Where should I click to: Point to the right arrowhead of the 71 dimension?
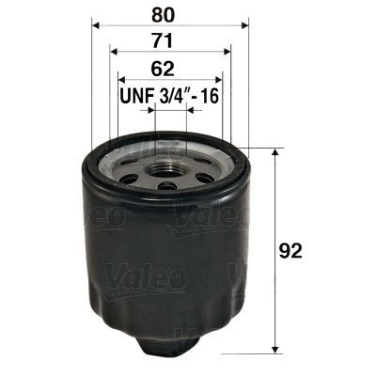pos(226,54)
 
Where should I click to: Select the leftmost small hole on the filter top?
pos(125,170)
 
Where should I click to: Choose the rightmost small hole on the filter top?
pos(214,170)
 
